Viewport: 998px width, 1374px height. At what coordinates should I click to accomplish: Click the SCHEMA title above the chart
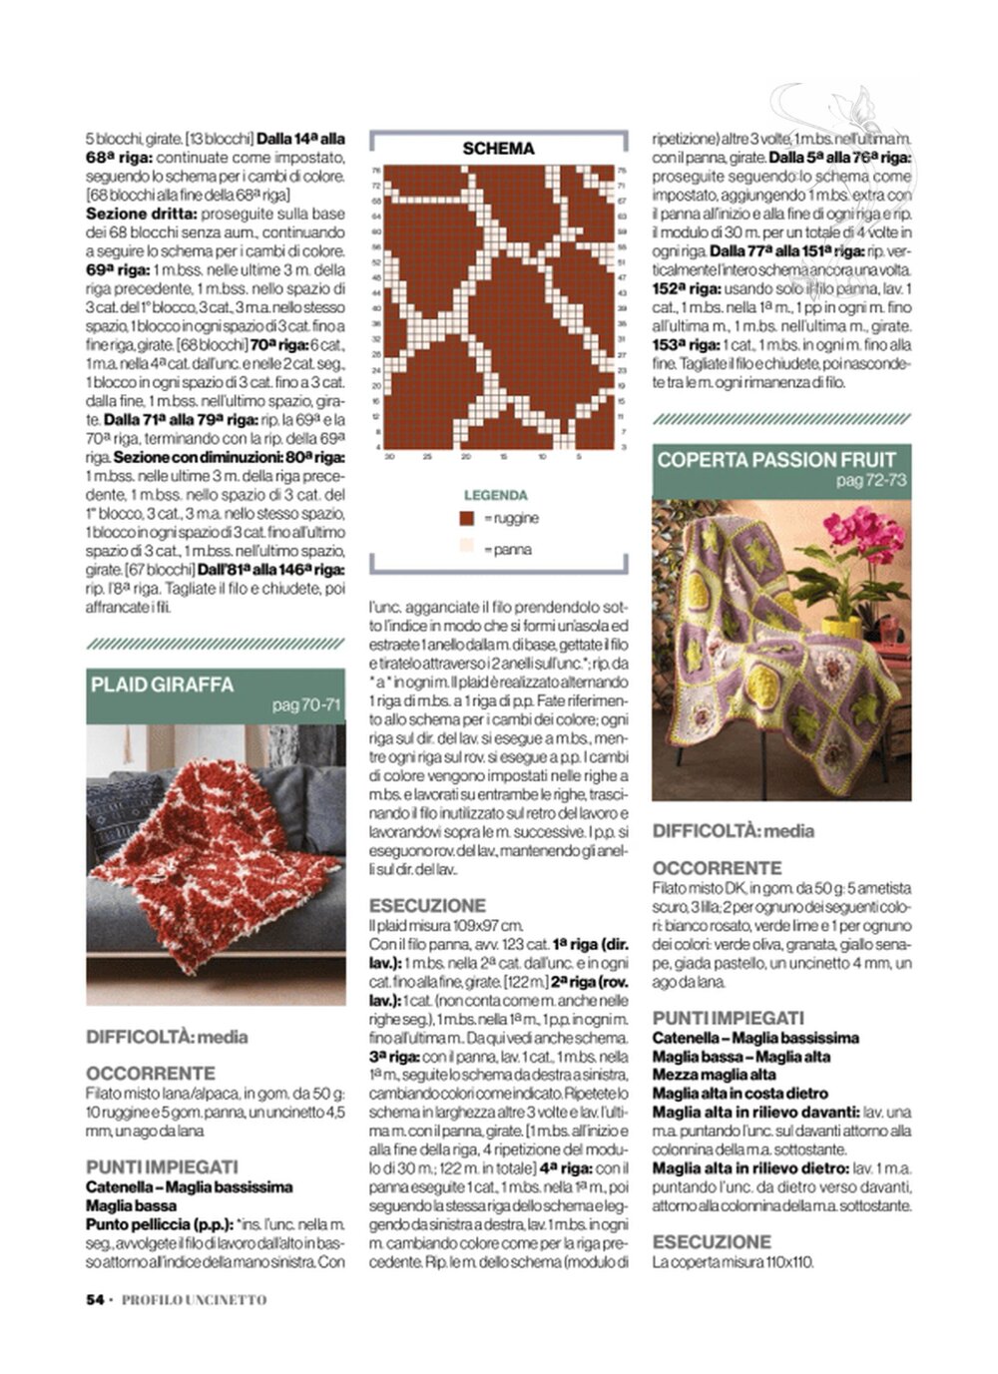pos(498,149)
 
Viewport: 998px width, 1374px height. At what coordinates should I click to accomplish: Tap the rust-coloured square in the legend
pos(466,518)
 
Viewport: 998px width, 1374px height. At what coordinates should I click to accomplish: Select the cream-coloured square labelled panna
pos(466,546)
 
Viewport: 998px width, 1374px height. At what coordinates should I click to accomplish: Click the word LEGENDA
pos(496,495)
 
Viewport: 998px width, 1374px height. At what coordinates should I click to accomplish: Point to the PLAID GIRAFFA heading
pos(163,685)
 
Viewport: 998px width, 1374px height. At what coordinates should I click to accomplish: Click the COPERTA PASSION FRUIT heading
pos(776,460)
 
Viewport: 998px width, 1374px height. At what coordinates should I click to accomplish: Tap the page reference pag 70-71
pos(306,705)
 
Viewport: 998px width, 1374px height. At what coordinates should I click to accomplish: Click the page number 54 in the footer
pos(96,1299)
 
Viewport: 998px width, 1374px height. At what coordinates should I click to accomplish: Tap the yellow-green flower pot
pos(840,626)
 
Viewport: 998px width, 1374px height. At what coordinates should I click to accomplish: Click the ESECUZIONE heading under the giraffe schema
pos(427,905)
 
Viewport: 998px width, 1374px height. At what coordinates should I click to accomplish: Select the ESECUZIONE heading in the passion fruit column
pos(712,1241)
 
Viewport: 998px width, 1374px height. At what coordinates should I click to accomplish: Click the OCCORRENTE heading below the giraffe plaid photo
pos(151,1073)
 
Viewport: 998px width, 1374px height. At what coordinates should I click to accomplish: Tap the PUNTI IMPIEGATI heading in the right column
pos(728,1018)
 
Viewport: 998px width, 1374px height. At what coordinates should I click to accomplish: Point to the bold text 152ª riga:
pos(687,288)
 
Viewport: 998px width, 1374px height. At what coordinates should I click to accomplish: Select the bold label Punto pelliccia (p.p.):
pos(160,1224)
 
